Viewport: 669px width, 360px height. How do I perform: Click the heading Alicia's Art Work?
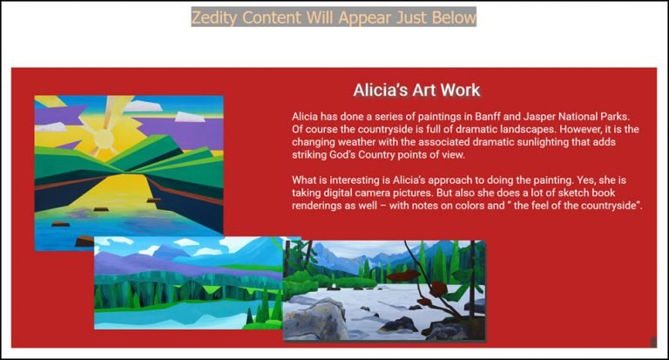pyautogui.click(x=417, y=90)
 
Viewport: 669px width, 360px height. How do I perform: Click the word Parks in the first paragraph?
pyautogui.click(x=616, y=116)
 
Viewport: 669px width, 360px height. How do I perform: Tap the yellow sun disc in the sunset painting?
pyautogui.click(x=104, y=139)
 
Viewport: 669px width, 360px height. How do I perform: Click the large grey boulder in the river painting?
pyautogui.click(x=314, y=318)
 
